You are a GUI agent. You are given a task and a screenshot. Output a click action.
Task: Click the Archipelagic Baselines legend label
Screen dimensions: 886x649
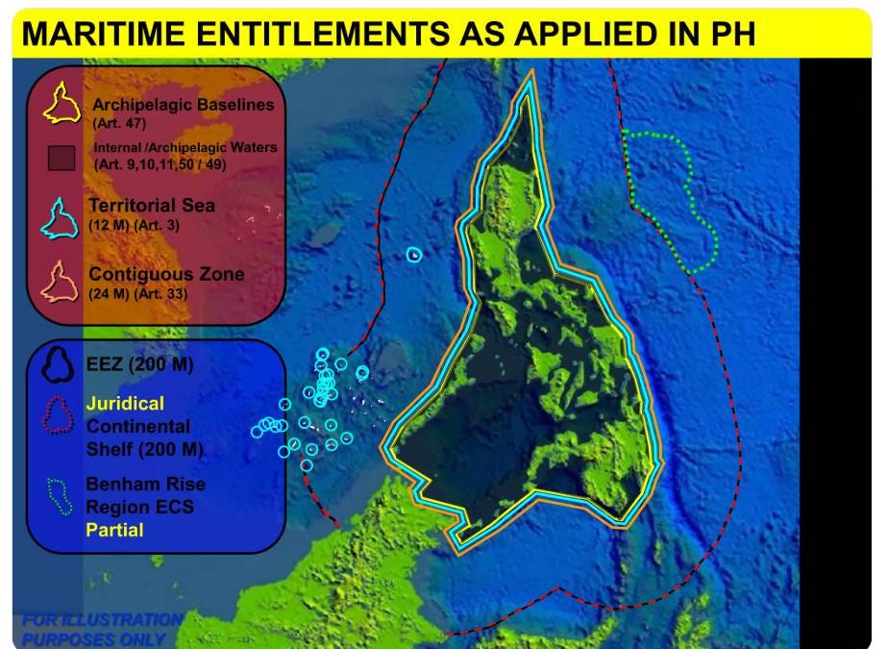coord(184,105)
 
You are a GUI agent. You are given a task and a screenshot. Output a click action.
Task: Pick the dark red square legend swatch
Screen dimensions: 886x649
coord(62,159)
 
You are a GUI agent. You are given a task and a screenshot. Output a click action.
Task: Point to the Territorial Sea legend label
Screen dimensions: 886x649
coord(152,205)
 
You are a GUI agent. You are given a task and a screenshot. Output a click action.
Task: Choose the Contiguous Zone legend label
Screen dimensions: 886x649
coord(166,274)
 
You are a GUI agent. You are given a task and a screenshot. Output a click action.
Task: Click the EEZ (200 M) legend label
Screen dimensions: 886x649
coord(139,364)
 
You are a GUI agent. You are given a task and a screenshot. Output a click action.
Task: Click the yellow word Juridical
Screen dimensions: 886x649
coord(126,403)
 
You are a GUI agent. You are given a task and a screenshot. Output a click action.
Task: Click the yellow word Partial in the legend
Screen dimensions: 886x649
coord(114,530)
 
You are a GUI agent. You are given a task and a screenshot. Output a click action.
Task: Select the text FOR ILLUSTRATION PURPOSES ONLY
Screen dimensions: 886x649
coord(102,629)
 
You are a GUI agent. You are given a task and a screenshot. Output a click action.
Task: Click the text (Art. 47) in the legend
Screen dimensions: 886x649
coord(119,123)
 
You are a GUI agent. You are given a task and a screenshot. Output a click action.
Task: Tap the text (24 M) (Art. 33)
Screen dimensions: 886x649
coord(137,294)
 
